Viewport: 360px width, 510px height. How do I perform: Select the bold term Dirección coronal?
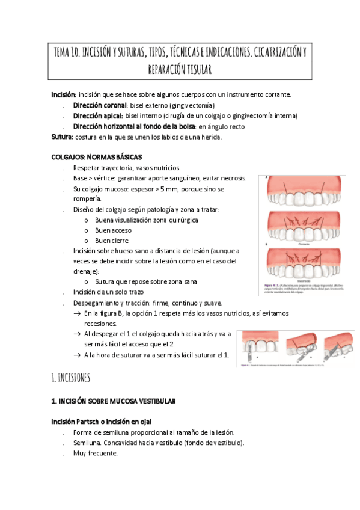click(x=99, y=105)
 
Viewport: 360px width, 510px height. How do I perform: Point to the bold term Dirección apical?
click(x=97, y=115)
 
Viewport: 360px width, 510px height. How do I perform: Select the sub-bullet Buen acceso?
click(x=113, y=230)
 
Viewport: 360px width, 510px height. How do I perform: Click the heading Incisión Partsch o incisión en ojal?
click(x=106, y=421)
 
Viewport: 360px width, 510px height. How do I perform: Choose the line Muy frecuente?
click(x=95, y=453)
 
